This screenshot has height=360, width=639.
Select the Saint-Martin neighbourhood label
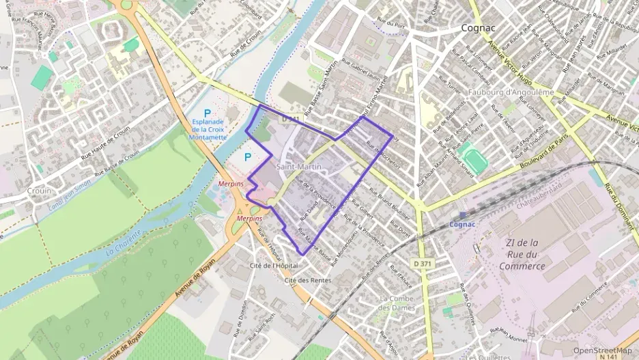[x=299, y=167]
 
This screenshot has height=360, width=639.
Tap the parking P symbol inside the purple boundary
[x=248, y=157]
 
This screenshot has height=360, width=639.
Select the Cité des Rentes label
[x=308, y=280]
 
